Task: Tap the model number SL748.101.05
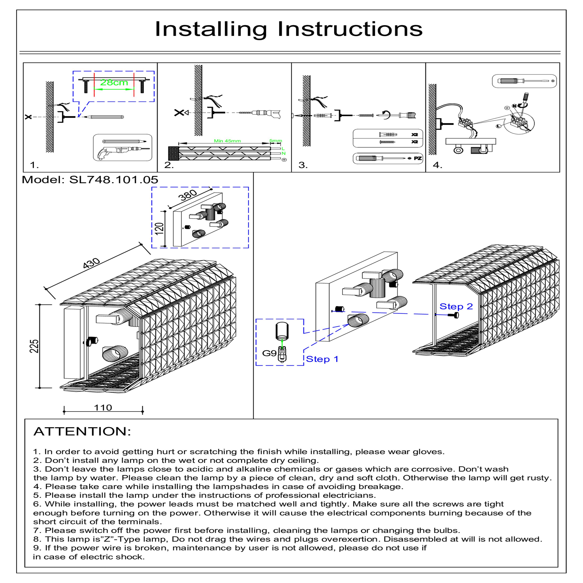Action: pyautogui.click(x=114, y=180)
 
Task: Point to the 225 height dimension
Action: pyautogui.click(x=35, y=346)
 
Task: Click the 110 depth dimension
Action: pyautogui.click(x=103, y=408)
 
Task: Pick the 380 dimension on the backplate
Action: pyautogui.click(x=188, y=195)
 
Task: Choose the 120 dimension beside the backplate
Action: pyautogui.click(x=159, y=228)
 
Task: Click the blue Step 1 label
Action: pyautogui.click(x=322, y=359)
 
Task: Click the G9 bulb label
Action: pyautogui.click(x=269, y=353)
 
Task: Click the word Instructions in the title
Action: pyautogui.click(x=350, y=29)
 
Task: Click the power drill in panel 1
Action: pyautogui.click(x=122, y=152)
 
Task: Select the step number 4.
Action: pyautogui.click(x=437, y=165)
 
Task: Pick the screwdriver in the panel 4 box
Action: pyautogui.click(x=524, y=81)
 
